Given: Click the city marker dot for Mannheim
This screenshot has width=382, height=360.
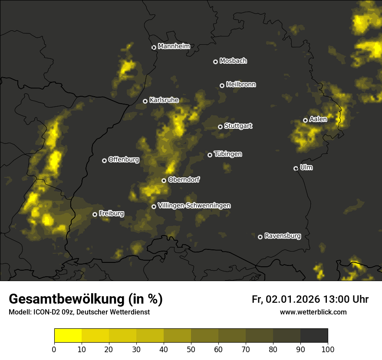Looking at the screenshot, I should tap(154, 48).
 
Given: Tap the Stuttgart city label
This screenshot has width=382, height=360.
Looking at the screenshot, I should tap(238, 126).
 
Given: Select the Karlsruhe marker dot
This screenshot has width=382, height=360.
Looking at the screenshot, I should tap(145, 101).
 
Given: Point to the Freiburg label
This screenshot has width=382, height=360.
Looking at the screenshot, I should tap(111, 213).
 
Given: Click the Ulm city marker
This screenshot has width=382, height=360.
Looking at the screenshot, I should tap(296, 168).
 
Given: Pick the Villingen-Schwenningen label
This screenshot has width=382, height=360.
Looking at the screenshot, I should tap(194, 206).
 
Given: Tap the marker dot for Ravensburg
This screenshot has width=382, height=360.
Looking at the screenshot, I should tap(260, 237).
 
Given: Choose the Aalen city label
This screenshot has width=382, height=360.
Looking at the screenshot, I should tap(318, 119).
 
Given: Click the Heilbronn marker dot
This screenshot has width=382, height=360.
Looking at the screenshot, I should tap(222, 85).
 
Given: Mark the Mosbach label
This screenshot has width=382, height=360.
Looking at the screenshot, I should tap(233, 61).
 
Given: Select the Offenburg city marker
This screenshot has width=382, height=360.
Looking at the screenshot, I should tap(104, 160).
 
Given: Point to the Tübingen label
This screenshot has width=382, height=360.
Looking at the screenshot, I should tap(228, 154).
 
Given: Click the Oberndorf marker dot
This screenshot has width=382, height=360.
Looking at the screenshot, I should tap(164, 180).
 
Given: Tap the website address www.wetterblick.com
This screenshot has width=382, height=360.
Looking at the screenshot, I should tap(313, 312).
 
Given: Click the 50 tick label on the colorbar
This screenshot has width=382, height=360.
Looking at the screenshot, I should tap(191, 349).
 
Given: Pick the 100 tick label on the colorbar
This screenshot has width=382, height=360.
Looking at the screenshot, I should tap(328, 349).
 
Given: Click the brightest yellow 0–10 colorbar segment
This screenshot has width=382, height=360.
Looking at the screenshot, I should tap(68, 336).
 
